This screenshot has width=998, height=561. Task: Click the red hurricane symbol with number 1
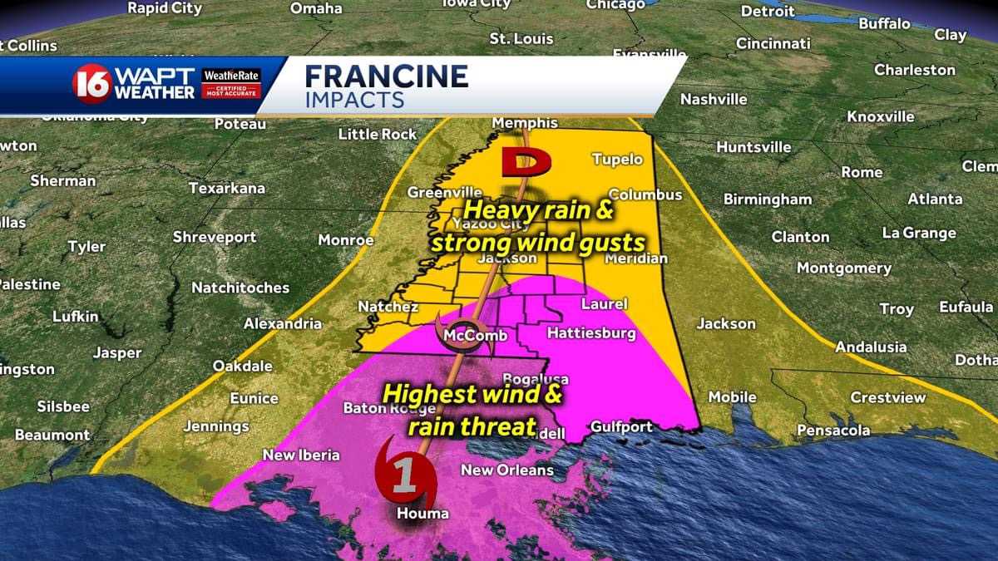tap(403, 473)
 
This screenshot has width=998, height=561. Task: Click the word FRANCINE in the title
tap(386, 76)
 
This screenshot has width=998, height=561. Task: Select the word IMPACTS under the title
tap(354, 101)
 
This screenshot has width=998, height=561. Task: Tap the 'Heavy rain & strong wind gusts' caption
tap(537, 225)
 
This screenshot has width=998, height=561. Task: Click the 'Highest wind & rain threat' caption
tap(472, 410)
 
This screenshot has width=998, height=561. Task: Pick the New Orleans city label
tap(507, 470)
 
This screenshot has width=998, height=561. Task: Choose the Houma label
tap(422, 514)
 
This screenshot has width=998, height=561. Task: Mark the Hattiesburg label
tap(591, 334)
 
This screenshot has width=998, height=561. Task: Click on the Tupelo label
tap(617, 159)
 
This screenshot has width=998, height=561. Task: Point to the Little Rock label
tap(378, 134)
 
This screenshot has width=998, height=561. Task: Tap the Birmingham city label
tap(767, 199)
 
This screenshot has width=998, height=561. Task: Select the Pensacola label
tap(833, 431)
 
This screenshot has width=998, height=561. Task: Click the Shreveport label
tap(215, 238)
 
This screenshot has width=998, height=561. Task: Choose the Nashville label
tap(714, 100)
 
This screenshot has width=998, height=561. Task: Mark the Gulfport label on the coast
tap(621, 427)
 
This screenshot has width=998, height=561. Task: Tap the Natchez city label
tap(388, 307)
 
